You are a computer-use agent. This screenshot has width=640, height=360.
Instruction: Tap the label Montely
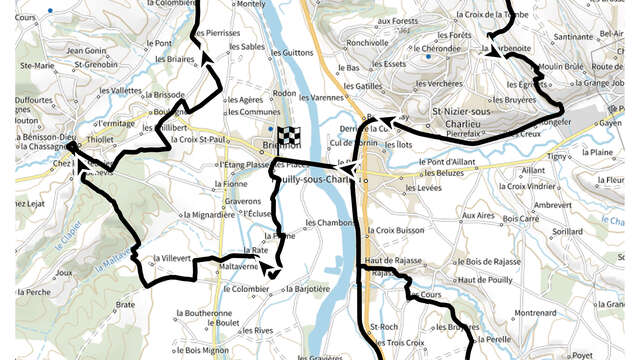(x=250, y=5)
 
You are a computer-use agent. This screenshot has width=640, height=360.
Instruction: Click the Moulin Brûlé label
(x=559, y=66)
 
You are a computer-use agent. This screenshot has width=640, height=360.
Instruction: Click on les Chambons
(x=330, y=222)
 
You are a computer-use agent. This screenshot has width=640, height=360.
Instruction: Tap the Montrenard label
(x=535, y=313)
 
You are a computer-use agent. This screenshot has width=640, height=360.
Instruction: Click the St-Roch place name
(x=384, y=327)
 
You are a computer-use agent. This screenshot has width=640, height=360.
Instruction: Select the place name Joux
(x=66, y=272)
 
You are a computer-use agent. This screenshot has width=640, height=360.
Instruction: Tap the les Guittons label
(x=291, y=52)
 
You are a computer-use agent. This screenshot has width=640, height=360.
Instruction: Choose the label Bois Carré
(x=521, y=217)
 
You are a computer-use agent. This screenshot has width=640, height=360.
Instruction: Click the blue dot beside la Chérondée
(x=428, y=57)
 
